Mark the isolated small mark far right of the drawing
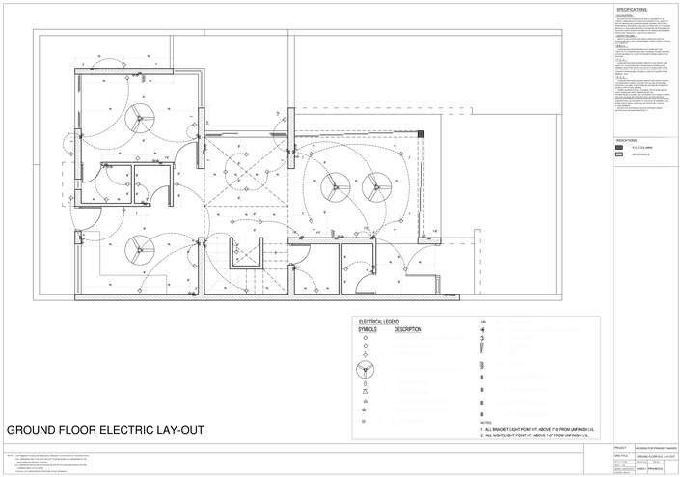619,150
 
